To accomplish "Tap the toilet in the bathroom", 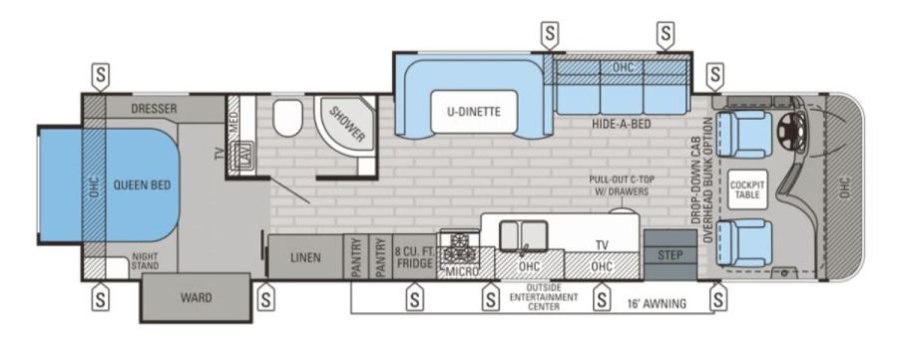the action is tap(287, 118).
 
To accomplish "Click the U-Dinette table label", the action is tap(474, 112).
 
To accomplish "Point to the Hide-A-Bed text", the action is tap(622, 124).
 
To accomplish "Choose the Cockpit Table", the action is tap(747, 190).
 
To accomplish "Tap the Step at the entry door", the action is tap(671, 255).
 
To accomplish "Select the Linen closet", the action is tap(305, 257).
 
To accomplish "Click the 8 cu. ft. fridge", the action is tap(414, 257).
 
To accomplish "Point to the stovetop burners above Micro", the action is tap(459, 246).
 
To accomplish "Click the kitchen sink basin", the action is tap(524, 235).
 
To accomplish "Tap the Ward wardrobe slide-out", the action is tap(196, 297).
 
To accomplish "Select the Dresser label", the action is tap(154, 108).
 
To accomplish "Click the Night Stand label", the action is tap(145, 261).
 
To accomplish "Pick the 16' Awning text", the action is tap(657, 303).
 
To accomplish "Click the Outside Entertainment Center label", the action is tap(544, 297).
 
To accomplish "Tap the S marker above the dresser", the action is tap(101, 75).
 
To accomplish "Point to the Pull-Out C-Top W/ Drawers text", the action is tap(622, 185).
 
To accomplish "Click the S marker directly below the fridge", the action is tap(414, 297).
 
